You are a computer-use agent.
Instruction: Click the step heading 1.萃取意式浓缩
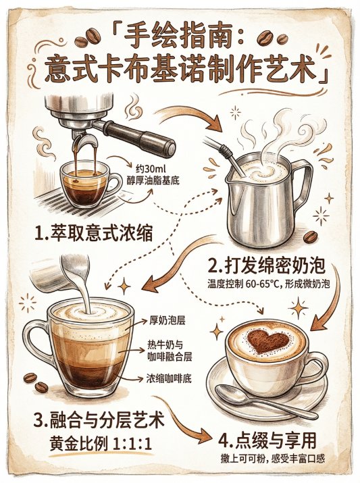coord(94,233)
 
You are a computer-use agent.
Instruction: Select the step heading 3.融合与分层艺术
coord(99,420)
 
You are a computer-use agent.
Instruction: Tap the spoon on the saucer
coord(265,401)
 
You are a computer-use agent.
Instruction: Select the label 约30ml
coord(151,169)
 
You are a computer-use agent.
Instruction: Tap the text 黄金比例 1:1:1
coord(101,444)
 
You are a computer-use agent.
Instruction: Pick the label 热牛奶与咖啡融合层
coord(170,351)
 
